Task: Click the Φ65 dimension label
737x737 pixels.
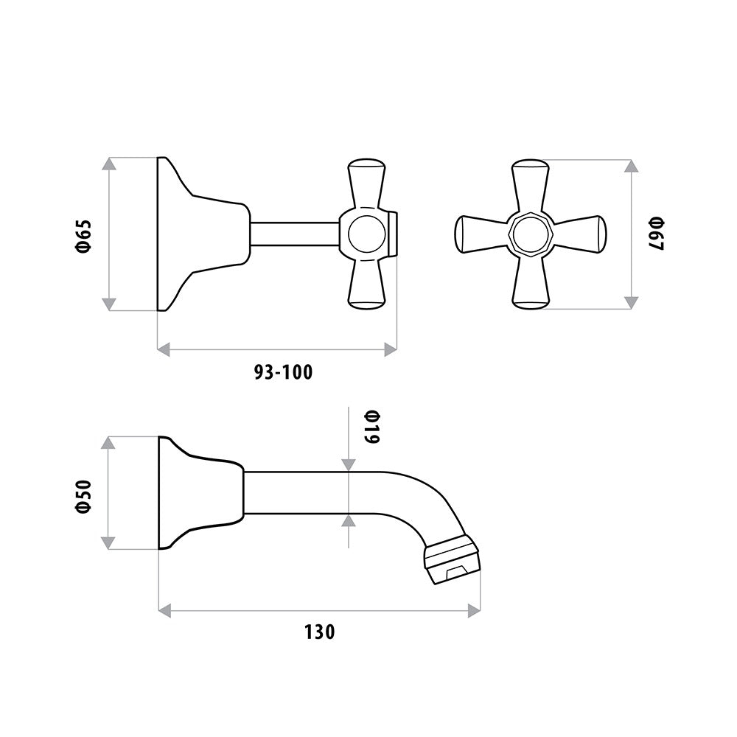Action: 85,236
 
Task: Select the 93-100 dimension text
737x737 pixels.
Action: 284,372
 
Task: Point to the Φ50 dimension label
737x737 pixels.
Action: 84,496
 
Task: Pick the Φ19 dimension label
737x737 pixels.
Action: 371,427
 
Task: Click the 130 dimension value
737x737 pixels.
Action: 320,632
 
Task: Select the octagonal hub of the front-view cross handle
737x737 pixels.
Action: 531,234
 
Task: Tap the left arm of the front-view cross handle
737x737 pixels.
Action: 483,234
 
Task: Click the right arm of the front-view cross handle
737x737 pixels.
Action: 579,234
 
